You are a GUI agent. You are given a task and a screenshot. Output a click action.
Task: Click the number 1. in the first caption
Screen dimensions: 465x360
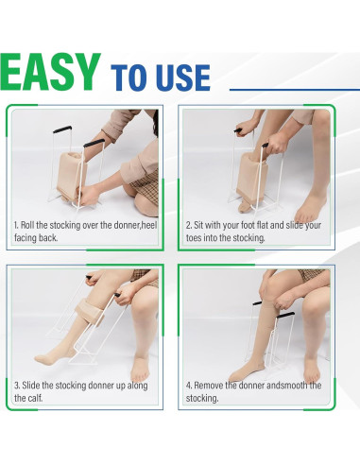(17, 225)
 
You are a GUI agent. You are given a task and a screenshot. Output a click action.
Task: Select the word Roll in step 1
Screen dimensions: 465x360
(30, 225)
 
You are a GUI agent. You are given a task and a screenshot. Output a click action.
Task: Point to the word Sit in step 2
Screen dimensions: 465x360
(203, 225)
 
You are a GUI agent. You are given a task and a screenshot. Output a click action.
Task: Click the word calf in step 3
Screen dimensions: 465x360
(23, 399)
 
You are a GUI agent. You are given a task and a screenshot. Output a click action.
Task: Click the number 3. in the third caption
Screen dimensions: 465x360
(17, 386)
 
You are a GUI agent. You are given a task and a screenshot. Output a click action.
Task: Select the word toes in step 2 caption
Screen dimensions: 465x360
(196, 238)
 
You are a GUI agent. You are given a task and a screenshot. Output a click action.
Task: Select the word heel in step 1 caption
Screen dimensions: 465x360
(146, 225)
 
